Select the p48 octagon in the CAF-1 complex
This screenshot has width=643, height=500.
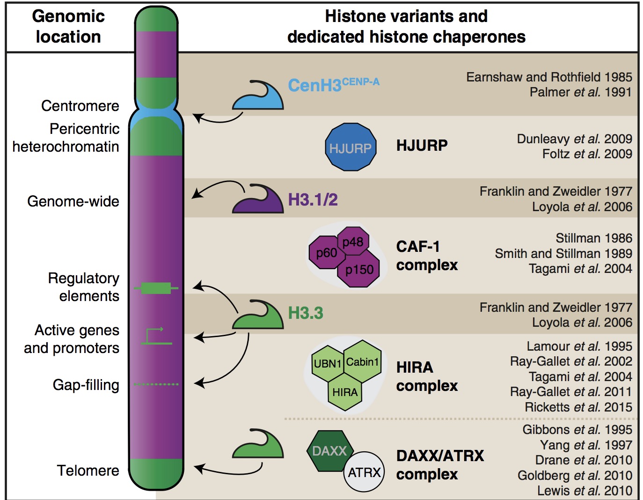click(x=353, y=241)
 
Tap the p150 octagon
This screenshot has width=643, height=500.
click(x=359, y=269)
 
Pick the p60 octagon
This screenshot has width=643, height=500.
click(x=326, y=253)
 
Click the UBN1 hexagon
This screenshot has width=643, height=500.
click(x=327, y=363)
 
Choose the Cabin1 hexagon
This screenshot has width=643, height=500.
click(x=362, y=361)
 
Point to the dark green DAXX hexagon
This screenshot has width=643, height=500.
click(x=329, y=450)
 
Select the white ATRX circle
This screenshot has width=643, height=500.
click(x=365, y=472)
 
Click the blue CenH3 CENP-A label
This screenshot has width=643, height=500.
click(x=333, y=85)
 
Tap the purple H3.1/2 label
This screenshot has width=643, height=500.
click(x=313, y=200)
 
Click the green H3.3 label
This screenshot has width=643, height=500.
click(x=306, y=313)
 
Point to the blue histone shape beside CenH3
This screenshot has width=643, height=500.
click(x=259, y=97)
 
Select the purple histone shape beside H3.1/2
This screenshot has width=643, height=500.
click(x=259, y=201)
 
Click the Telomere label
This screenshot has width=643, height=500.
click(x=88, y=470)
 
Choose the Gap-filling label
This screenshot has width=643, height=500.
click(x=86, y=385)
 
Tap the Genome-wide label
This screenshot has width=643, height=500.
click(x=73, y=201)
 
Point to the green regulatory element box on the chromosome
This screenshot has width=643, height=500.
click(x=156, y=288)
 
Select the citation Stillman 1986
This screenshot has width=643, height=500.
click(x=593, y=238)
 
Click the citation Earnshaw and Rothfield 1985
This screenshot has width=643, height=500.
click(x=549, y=77)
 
